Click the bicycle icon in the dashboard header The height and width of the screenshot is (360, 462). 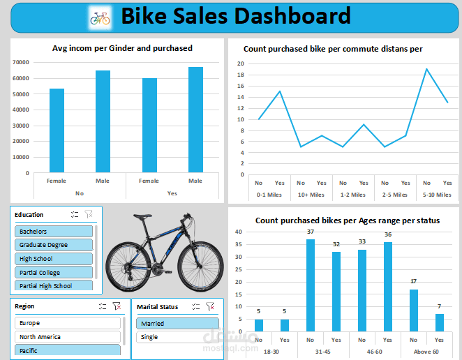click(100, 17)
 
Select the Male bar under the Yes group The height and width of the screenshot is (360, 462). click(195, 119)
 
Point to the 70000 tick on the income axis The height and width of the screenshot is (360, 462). click(21, 62)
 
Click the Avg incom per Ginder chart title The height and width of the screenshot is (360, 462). click(122, 48)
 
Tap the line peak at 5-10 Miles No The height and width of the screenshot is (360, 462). click(426, 69)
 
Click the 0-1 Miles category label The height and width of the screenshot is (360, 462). click(269, 195)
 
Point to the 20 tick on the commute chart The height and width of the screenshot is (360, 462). click(240, 63)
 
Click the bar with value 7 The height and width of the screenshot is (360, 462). click(440, 322)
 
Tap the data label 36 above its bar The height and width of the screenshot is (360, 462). click(387, 234)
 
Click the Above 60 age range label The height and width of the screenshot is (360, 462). click(426, 351)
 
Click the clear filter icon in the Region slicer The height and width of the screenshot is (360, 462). click(117, 306)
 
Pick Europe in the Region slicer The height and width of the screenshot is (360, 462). click(67, 323)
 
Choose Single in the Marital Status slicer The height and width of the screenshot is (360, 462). click(177, 337)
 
